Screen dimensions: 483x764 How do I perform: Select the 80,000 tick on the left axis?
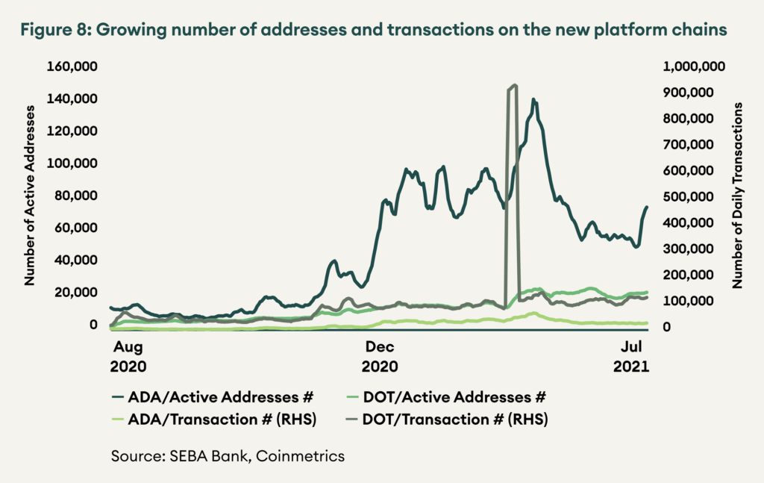point(78,196)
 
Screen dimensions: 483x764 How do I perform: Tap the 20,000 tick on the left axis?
point(78,292)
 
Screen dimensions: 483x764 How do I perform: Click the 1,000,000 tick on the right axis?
point(694,67)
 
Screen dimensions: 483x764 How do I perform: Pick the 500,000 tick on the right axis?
point(698,196)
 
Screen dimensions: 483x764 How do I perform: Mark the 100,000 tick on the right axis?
point(698,300)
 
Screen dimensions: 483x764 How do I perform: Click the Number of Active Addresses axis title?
point(31,196)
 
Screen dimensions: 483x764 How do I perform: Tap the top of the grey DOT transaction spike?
point(513,86)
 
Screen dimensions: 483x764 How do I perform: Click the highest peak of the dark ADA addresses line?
point(533,99)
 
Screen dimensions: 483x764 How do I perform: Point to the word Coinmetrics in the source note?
point(301,455)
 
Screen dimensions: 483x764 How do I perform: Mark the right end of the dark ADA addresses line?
point(647,207)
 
